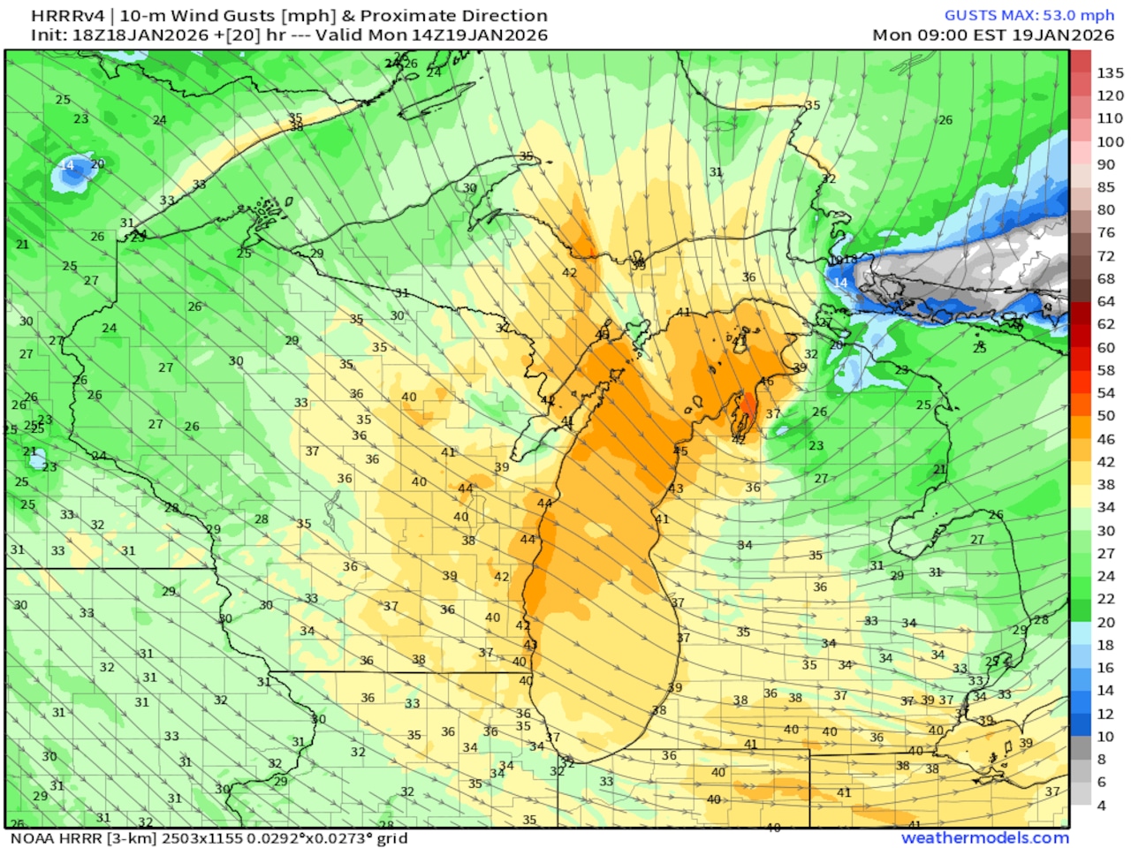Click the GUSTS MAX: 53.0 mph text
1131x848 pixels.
(1029, 15)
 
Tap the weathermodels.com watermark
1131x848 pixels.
(984, 837)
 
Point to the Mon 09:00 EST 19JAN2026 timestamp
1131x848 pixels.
(993, 35)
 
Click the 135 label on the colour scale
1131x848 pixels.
(1110, 72)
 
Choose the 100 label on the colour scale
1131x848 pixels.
(1110, 141)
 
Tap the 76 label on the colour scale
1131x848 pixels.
(1106, 232)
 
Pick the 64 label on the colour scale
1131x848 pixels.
(1106, 301)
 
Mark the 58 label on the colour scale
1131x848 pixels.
(1106, 370)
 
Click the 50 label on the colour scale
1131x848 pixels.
(1106, 415)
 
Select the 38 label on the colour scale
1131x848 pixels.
(1106, 484)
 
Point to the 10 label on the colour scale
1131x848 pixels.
(1106, 736)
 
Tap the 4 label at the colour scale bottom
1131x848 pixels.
(1102, 805)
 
